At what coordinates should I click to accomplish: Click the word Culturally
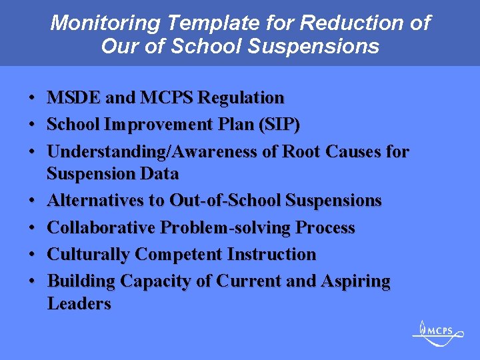pos(89,254)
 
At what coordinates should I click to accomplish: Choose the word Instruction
pos(271,254)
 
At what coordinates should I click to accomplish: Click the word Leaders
pos(79,304)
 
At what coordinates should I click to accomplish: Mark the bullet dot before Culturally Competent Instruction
pos(32,255)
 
